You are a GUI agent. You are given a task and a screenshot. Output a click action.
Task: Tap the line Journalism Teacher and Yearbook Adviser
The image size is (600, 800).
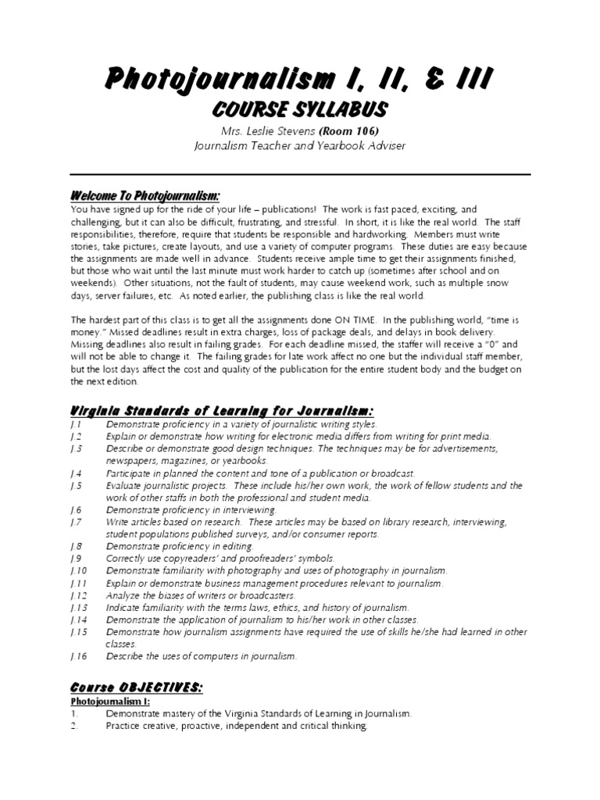click(x=299, y=145)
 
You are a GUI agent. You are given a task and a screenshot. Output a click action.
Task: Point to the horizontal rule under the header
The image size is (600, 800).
click(x=299, y=174)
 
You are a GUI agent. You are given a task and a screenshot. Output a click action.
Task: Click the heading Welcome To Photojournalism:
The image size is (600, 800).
click(x=145, y=195)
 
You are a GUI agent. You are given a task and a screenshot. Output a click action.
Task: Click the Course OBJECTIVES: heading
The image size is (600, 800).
click(x=137, y=687)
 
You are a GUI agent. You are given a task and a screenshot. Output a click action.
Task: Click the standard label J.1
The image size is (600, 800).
click(x=76, y=424)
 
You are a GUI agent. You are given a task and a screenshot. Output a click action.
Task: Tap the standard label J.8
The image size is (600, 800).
click(x=76, y=546)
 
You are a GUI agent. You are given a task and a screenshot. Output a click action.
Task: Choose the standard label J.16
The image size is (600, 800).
click(x=79, y=656)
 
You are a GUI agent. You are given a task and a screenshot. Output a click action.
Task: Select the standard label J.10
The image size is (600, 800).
click(x=79, y=571)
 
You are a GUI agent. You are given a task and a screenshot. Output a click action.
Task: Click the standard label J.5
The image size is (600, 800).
click(x=76, y=486)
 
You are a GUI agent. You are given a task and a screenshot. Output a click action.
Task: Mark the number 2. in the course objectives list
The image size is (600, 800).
click(x=76, y=726)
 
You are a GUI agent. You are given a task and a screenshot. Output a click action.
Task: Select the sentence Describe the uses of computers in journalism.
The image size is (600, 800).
click(x=202, y=656)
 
